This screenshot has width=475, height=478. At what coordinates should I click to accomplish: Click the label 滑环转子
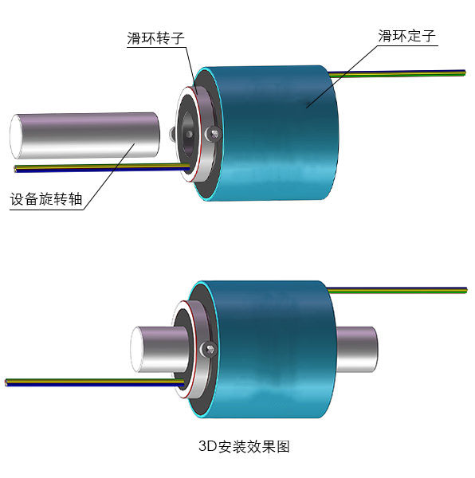point(155,38)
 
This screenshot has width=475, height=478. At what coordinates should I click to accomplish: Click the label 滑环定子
point(406,36)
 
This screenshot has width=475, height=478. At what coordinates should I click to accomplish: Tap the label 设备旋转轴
point(46,199)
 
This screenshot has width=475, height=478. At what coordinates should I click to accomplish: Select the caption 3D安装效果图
point(244,446)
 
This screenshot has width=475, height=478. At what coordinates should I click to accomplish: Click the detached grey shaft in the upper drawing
point(84,135)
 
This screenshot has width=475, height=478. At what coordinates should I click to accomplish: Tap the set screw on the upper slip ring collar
point(213,134)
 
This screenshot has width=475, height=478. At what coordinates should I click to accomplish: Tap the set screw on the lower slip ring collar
point(208,349)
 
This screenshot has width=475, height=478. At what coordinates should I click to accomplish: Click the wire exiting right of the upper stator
point(397,73)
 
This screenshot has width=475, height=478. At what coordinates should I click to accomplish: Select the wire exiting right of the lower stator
point(397,290)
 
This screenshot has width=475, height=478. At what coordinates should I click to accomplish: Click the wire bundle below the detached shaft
point(102,167)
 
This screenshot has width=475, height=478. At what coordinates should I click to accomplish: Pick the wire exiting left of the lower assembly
point(95,382)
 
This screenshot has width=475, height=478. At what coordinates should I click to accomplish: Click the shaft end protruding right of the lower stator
point(357,350)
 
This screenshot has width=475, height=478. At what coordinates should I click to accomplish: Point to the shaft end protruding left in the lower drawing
point(159,350)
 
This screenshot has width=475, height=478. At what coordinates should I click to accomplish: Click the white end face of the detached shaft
point(16,136)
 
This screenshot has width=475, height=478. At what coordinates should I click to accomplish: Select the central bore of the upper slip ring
point(188,134)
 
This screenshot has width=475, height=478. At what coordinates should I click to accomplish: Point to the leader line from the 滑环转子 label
point(189,69)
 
